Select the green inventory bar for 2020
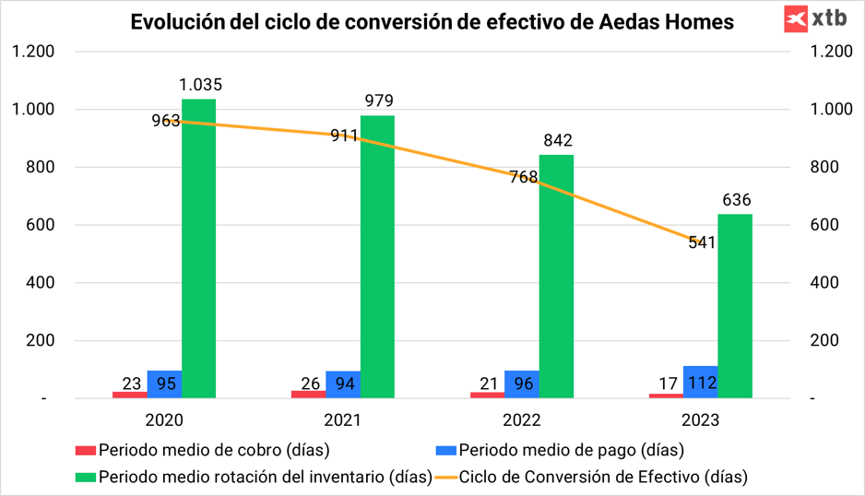(x=198, y=249)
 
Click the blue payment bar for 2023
(x=700, y=382)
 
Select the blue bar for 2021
(x=343, y=384)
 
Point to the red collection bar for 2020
(x=130, y=395)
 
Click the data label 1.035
(x=200, y=86)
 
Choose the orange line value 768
(x=523, y=177)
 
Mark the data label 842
(x=558, y=141)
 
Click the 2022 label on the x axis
(x=522, y=420)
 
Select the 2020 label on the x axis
(x=165, y=420)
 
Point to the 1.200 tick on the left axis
(x=33, y=52)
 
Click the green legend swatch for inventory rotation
(x=85, y=478)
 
